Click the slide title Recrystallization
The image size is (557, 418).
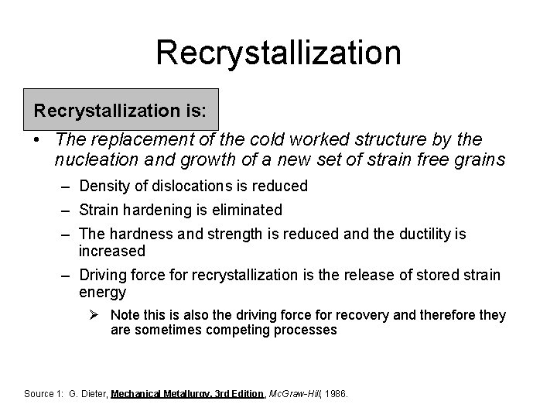click(278, 53)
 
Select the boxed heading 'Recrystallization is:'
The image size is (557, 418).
click(120, 110)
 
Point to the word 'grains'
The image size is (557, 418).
click(482, 160)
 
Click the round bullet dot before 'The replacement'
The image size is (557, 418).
click(37, 141)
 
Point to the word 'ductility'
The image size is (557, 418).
click(428, 234)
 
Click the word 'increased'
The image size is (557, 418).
click(112, 251)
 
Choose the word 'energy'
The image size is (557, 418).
click(102, 293)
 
